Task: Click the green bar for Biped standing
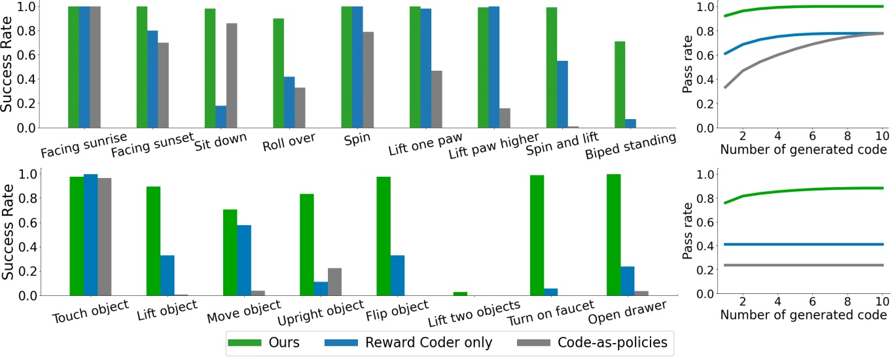point(620,84)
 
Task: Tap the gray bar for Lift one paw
point(437,99)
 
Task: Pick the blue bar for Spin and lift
point(562,94)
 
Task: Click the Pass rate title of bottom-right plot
point(687,232)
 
